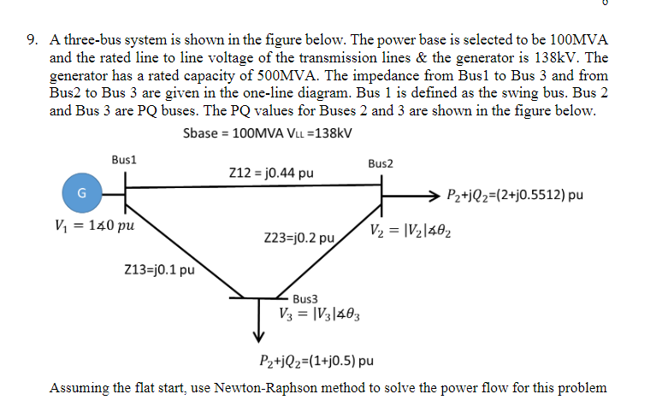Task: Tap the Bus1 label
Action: [x=125, y=159]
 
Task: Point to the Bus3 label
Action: [x=304, y=299]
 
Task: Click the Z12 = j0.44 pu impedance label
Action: [x=271, y=174]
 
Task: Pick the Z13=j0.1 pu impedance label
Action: [x=160, y=271]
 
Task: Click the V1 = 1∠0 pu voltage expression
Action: [x=93, y=228]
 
